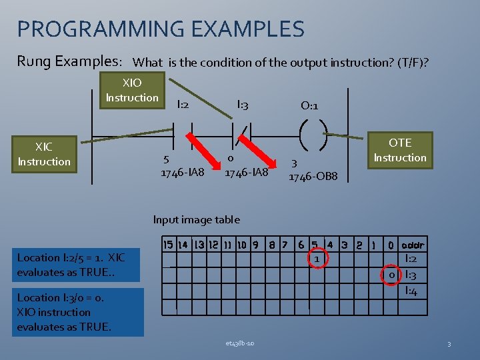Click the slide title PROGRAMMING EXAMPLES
[161, 29]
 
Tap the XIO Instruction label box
[132, 91]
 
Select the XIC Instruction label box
[44, 154]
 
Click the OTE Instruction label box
[399, 150]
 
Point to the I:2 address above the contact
[182, 105]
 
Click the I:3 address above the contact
[243, 104]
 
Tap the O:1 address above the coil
[309, 105]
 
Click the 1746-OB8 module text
[313, 177]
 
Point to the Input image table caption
[196, 219]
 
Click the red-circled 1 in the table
[318, 258]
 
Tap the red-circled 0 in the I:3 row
[393, 275]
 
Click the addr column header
[413, 244]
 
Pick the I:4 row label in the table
[411, 291]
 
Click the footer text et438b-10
[240, 343]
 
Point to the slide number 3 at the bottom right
[449, 344]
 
